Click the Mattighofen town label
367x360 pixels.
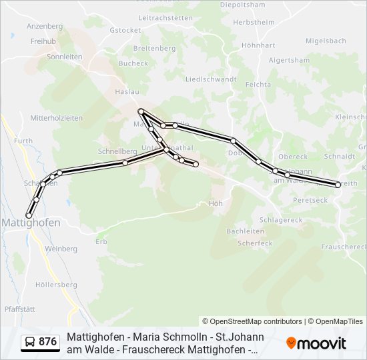31,223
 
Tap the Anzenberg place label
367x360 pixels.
44,26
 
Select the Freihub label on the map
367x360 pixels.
43,41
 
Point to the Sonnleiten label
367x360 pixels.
64,57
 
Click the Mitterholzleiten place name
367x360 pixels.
56,118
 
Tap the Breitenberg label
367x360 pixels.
154,49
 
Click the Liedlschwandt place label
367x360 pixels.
210,79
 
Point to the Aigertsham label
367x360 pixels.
288,60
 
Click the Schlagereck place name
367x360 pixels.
281,220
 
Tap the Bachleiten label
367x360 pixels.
245,231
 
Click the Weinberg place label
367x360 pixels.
61,249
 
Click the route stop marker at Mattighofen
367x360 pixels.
29,215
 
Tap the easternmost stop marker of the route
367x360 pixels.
338,185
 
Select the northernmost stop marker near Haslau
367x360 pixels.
141,111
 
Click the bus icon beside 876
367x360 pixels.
30,343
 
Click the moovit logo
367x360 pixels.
316,343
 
